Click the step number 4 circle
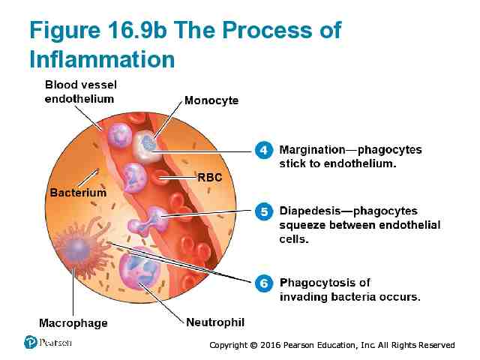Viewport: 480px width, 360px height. coord(263,150)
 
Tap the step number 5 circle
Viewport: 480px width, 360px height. coord(263,212)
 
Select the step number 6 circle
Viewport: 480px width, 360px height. coord(263,283)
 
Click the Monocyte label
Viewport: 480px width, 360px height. coord(211,100)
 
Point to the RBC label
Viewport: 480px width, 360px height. coord(209,178)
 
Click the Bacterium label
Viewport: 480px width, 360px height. coord(78,193)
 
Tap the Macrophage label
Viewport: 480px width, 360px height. coord(73,323)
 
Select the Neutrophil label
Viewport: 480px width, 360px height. coord(215,322)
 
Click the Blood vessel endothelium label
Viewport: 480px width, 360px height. coord(79,91)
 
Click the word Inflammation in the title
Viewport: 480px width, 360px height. coord(102,58)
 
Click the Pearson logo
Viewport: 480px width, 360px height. coord(31,342)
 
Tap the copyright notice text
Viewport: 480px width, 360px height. coord(331,345)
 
